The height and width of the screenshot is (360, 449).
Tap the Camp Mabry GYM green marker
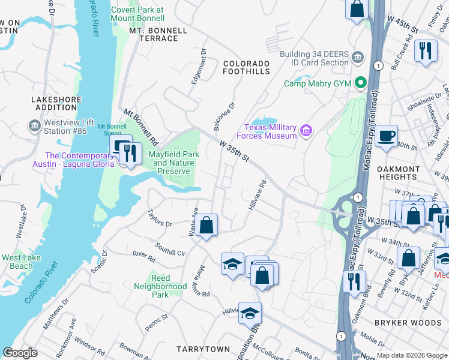click(x=361, y=83)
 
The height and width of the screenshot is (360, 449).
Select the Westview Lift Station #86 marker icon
click(x=34, y=126)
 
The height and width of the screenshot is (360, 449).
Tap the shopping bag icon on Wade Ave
click(x=206, y=226)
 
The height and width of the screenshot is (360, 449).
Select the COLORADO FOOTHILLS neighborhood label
click(x=246, y=67)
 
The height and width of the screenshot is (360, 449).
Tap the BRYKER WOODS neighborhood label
click(x=408, y=323)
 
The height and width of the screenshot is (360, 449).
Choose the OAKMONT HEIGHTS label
click(x=406, y=173)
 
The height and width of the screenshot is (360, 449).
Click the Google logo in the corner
click(x=20, y=353)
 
